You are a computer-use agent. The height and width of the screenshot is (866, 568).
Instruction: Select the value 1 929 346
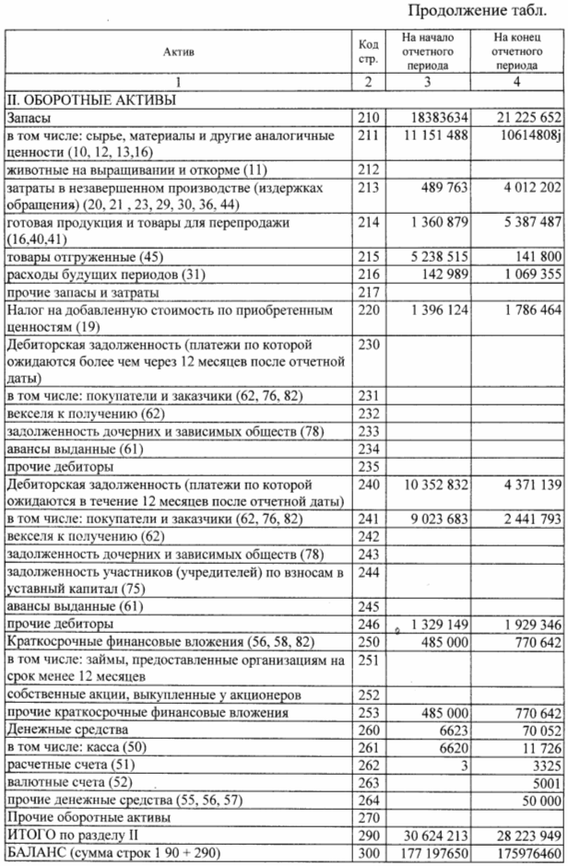pyautogui.click(x=525, y=626)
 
